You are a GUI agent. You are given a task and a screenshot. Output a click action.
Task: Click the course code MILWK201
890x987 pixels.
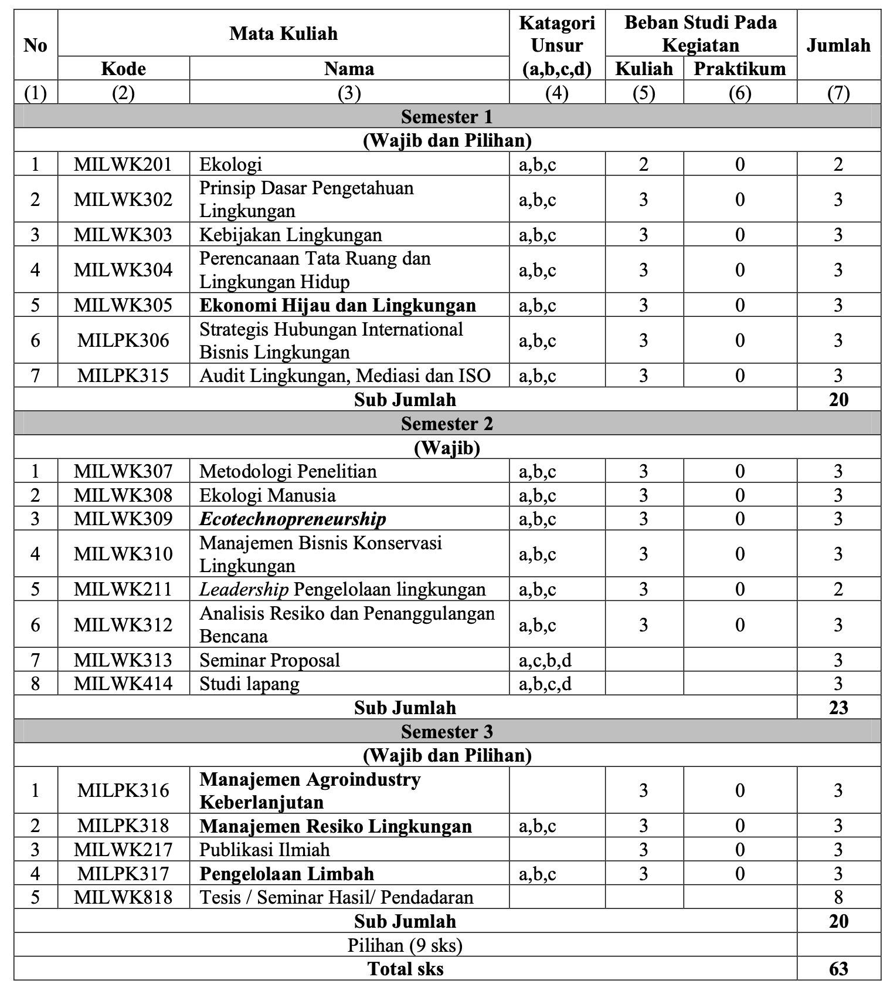123,164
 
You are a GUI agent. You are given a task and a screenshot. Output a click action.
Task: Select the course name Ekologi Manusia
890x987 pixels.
267,495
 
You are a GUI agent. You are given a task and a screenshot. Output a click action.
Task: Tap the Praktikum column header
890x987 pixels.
739,69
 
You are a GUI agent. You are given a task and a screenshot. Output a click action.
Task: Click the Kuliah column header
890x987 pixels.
644,69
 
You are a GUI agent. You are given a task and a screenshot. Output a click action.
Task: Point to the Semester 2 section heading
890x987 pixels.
447,424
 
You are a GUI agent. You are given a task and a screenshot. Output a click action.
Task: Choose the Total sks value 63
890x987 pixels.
838,968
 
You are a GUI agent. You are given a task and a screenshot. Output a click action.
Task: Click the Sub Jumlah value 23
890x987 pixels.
838,707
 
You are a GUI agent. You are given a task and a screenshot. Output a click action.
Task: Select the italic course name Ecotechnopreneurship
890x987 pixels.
293,519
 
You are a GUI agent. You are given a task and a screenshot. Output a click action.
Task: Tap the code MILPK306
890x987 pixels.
123,340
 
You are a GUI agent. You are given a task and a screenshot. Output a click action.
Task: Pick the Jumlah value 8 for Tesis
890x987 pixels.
838,897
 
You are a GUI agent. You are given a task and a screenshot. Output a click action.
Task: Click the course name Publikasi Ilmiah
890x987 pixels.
264,850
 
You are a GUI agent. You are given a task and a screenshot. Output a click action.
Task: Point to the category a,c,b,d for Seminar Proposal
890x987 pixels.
545,660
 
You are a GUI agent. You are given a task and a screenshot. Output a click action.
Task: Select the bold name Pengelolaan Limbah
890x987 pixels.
287,874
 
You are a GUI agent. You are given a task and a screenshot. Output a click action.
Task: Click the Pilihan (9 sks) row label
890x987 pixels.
405,945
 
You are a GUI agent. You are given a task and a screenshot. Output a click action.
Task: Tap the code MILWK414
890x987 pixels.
123,684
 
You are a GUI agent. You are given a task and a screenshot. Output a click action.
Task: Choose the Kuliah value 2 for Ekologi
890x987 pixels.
644,164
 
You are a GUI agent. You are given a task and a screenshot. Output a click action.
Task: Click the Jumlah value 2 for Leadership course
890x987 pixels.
838,589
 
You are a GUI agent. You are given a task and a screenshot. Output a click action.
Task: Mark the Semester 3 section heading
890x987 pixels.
447,732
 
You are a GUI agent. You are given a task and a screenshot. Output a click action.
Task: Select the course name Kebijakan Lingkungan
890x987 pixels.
290,235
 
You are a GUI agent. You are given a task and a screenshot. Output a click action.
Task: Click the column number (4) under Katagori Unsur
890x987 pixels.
556,93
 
